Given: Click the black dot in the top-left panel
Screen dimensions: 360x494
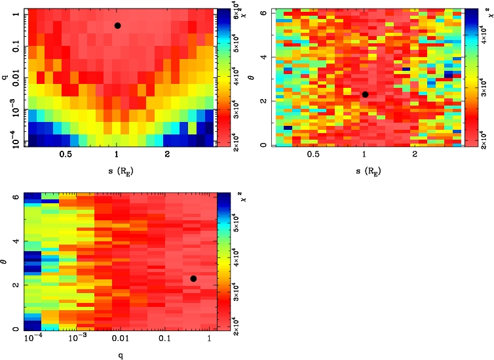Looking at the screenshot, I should (x=117, y=26).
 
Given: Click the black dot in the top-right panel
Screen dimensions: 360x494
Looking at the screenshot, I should (x=365, y=94).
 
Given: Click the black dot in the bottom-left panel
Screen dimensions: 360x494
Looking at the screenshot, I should (x=193, y=279).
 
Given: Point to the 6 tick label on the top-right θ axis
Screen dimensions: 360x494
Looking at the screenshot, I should (x=266, y=13).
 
